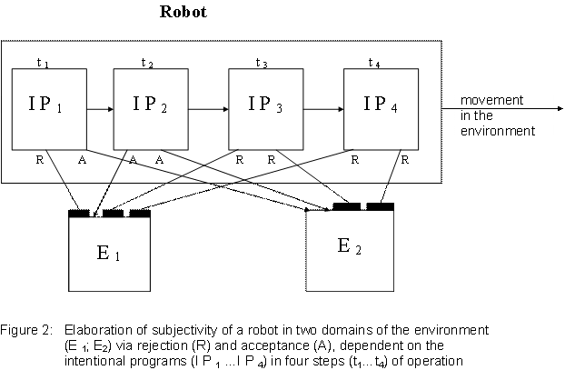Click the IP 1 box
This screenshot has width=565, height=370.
[50, 109]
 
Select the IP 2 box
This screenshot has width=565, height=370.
[151, 109]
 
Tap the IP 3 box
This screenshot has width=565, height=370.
[265, 109]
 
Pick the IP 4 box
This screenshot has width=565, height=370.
[381, 109]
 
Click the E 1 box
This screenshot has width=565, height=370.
[109, 254]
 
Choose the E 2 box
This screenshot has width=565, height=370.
[350, 251]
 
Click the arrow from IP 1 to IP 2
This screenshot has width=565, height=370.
[100, 109]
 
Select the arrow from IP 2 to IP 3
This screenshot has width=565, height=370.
[208, 109]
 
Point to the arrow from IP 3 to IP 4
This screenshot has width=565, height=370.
[322, 109]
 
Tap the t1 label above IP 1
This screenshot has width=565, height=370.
[42, 63]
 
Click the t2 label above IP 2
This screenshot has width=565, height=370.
[146, 63]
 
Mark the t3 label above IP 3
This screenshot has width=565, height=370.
[261, 63]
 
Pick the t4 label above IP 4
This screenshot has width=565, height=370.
[373, 63]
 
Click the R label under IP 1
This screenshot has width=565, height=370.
[39, 159]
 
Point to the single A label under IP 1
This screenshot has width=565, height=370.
[82, 159]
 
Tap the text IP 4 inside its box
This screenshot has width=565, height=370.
[380, 104]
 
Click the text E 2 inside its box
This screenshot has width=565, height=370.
[350, 245]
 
